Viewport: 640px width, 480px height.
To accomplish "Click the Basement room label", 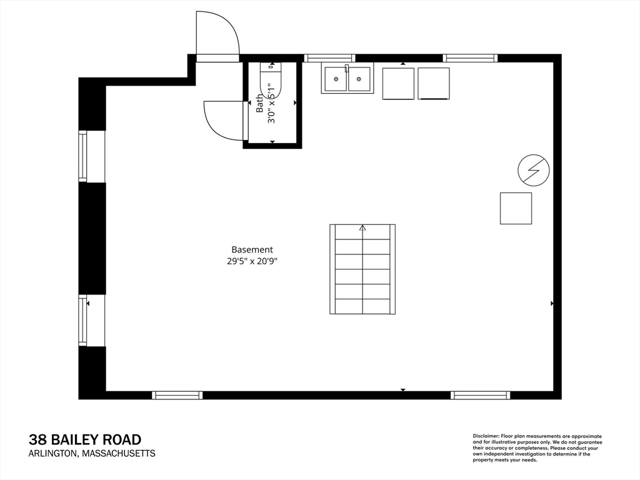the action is tap(252, 249).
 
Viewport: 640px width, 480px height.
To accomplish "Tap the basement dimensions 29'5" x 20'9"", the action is tap(252, 261).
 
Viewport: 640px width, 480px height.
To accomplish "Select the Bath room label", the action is tap(260, 103).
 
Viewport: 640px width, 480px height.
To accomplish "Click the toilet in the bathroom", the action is tap(271, 81).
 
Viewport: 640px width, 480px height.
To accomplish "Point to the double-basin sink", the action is tap(347, 79).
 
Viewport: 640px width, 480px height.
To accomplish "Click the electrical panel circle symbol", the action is tap(534, 170).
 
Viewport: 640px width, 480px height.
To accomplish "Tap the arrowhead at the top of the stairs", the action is tap(362, 228).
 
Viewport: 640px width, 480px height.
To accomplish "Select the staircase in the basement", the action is tap(362, 269).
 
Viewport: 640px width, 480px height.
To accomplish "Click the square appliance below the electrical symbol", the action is tap(516, 208).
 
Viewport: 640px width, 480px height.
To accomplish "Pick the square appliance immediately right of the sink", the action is tap(398, 84).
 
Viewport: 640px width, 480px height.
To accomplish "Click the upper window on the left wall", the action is tap(83, 156).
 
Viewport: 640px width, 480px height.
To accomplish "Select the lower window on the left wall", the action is tap(83, 321).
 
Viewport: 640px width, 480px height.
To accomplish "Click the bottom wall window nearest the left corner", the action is tap(177, 395).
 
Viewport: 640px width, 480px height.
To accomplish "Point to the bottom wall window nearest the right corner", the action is tap(480, 395).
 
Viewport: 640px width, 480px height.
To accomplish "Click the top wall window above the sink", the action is tap(330, 58).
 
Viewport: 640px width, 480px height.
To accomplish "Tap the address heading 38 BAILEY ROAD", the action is tap(85, 439).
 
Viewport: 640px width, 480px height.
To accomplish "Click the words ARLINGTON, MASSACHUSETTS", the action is tap(92, 454).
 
